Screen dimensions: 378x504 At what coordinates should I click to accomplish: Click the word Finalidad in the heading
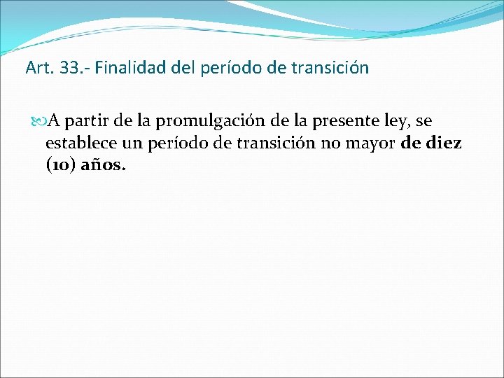122,69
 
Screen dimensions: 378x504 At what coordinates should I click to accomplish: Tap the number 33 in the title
62,69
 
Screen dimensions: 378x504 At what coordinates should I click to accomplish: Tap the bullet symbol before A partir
38,122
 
